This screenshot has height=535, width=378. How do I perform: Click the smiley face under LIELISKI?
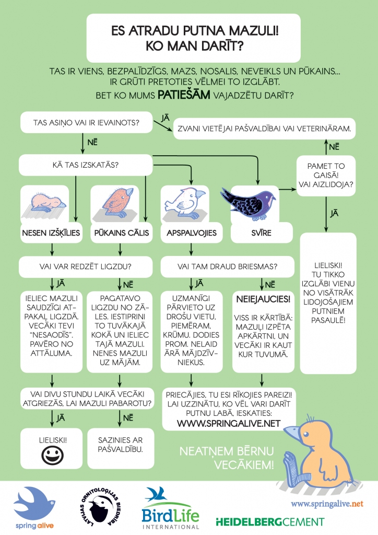51,456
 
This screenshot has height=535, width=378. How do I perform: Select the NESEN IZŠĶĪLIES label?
51,232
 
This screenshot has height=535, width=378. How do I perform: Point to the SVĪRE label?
261,232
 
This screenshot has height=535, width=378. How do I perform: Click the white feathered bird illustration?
185,201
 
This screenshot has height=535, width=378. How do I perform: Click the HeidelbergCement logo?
270,521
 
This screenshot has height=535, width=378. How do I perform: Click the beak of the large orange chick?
293,433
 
